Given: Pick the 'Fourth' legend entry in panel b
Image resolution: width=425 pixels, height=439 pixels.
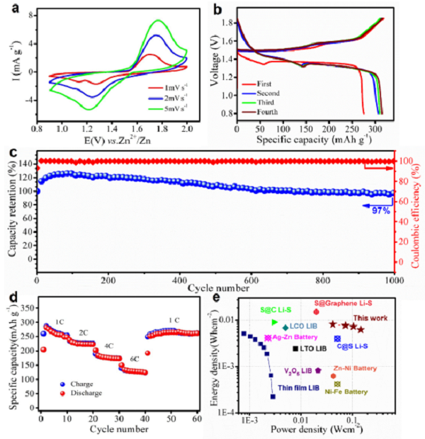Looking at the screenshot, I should [x=268, y=111].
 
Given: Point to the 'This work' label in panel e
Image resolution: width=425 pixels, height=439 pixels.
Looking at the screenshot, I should [x=370, y=318].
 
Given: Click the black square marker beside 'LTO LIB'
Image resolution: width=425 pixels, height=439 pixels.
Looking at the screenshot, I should [x=295, y=349].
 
